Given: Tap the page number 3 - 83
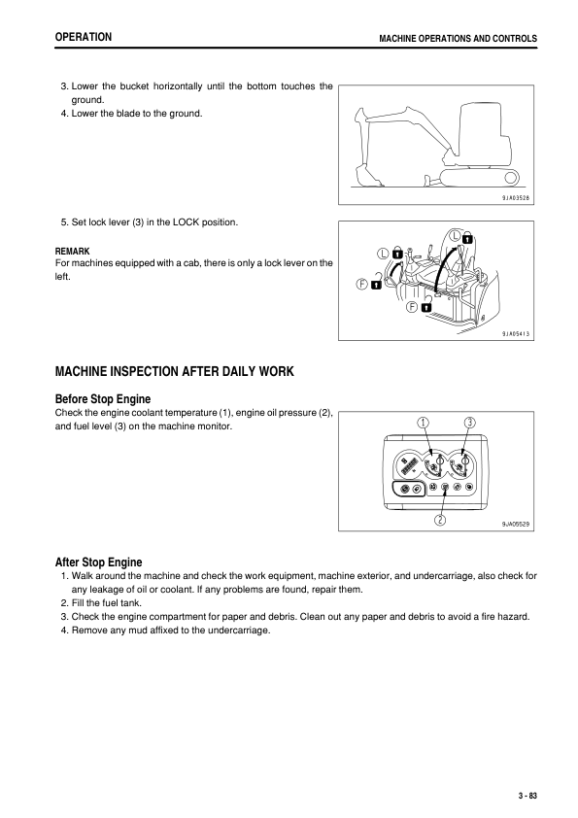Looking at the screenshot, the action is tap(527, 796).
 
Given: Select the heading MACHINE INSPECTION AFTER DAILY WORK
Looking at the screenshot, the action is tap(174, 371).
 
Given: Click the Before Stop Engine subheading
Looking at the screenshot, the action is tap(103, 398).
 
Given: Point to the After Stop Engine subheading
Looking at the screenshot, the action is tap(99, 562).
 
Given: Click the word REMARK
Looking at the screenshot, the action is tap(72, 251).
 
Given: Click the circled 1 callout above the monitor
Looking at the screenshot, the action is tap(424, 422).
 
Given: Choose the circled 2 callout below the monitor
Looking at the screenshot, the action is tap(439, 519).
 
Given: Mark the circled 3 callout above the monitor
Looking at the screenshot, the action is tap(469, 422).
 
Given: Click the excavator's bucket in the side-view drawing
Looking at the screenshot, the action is tap(369, 178).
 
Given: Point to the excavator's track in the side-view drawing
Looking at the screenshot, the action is tap(475, 176).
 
